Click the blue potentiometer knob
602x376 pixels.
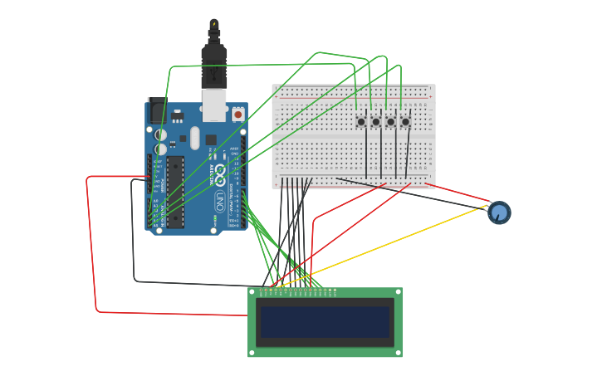[499, 212]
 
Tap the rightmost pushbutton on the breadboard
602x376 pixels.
[405, 122]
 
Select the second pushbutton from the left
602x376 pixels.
[375, 122]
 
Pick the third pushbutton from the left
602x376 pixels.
[390, 122]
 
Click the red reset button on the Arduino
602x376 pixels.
[237, 115]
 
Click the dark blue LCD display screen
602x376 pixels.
[325, 322]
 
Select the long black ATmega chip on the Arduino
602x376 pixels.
[175, 190]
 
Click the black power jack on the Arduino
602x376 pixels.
[156, 111]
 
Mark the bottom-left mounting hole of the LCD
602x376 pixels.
[252, 353]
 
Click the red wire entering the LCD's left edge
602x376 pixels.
[166, 314]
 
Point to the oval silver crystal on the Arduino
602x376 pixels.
[195, 138]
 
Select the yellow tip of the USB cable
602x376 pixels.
[214, 24]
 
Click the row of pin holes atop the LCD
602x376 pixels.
[298, 291]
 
